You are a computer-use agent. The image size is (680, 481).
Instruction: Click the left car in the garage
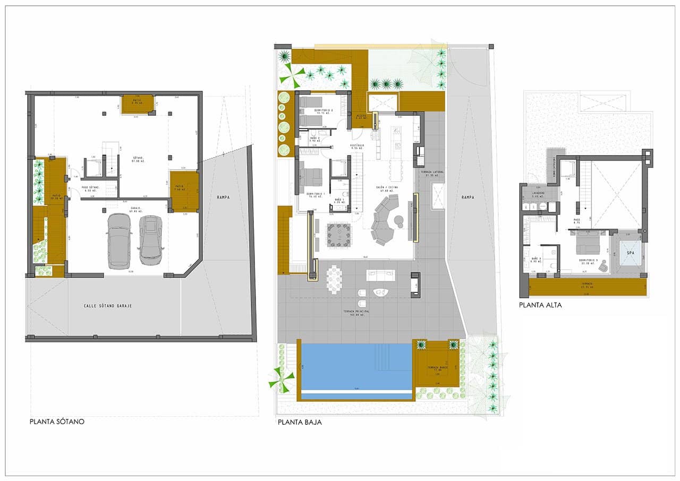tap(119, 242)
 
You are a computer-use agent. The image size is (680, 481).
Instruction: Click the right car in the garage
tap(150, 240)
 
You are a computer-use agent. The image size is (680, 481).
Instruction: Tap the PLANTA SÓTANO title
tap(57, 422)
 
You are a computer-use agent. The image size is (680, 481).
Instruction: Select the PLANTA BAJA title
tap(300, 423)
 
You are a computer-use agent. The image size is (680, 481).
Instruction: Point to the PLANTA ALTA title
tap(540, 305)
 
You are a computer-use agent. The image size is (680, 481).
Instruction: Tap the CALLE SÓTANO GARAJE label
tap(108, 306)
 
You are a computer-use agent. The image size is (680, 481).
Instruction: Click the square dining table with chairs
tap(338, 234)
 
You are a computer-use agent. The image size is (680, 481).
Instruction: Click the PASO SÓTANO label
tap(91, 188)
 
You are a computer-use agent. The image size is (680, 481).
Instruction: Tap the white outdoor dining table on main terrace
tap(335, 278)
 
